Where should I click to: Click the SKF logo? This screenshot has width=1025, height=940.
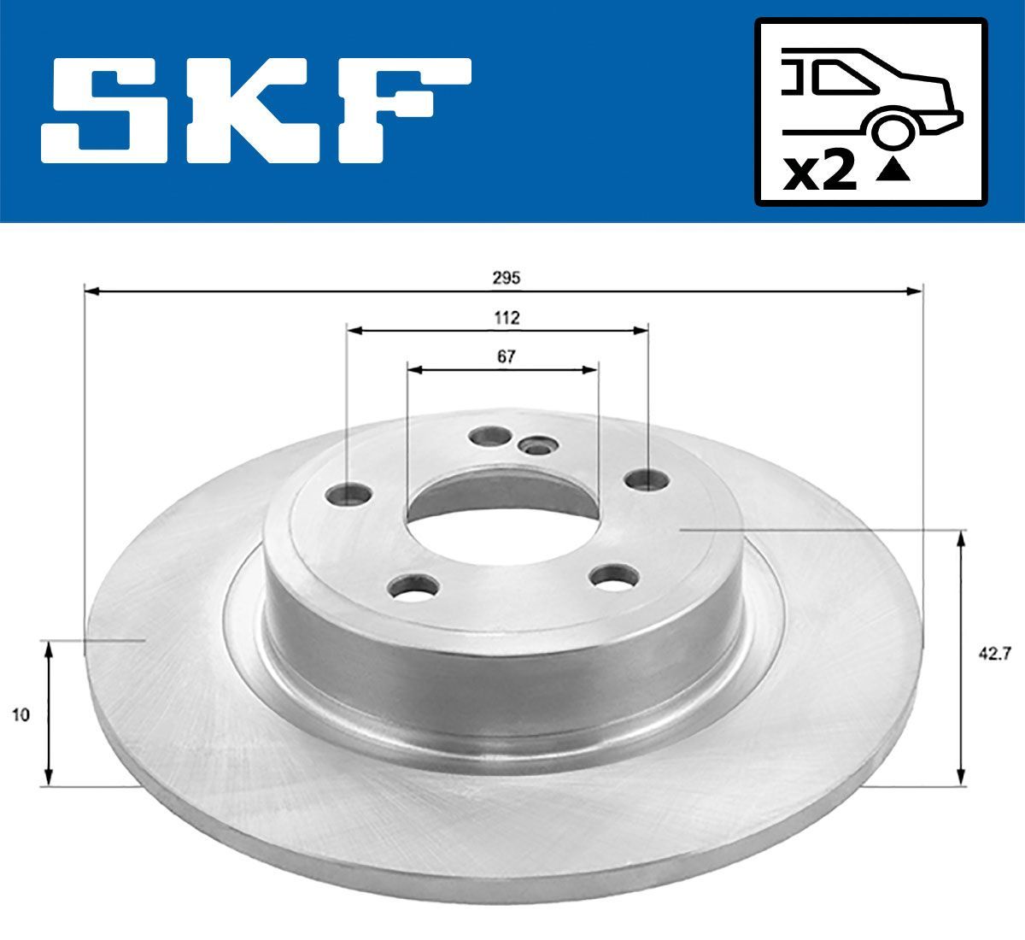[x=256, y=110]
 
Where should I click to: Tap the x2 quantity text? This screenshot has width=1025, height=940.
[x=819, y=173]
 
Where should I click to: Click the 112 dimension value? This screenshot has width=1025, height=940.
[x=507, y=318]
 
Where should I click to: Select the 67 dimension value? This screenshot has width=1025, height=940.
[x=507, y=357]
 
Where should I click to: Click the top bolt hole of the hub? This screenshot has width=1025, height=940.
[x=489, y=437]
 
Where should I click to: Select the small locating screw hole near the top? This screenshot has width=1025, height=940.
[x=539, y=445]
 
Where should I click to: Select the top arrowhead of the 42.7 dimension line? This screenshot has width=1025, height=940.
[x=963, y=538]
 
